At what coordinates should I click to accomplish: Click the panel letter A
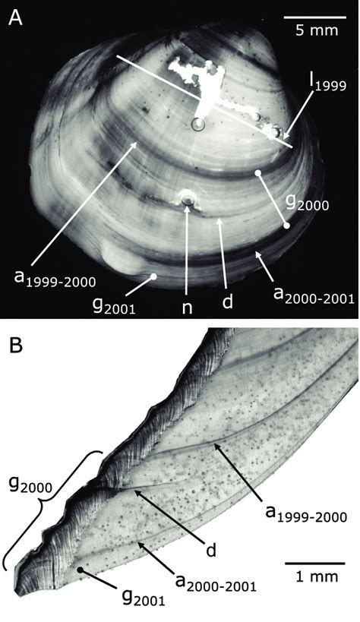tap(15, 17)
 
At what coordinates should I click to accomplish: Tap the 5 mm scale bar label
tap(317, 30)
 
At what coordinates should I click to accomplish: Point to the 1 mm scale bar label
tap(317, 576)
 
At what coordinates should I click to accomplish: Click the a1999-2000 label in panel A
tap(55, 279)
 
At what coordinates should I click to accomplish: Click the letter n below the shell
tap(187, 308)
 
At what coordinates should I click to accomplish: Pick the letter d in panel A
tap(227, 302)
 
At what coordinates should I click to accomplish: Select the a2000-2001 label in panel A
tap(314, 296)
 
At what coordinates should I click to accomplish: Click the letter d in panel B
tap(211, 550)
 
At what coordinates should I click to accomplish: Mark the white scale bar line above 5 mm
tap(315, 17)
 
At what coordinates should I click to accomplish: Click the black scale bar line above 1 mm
tap(315, 563)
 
